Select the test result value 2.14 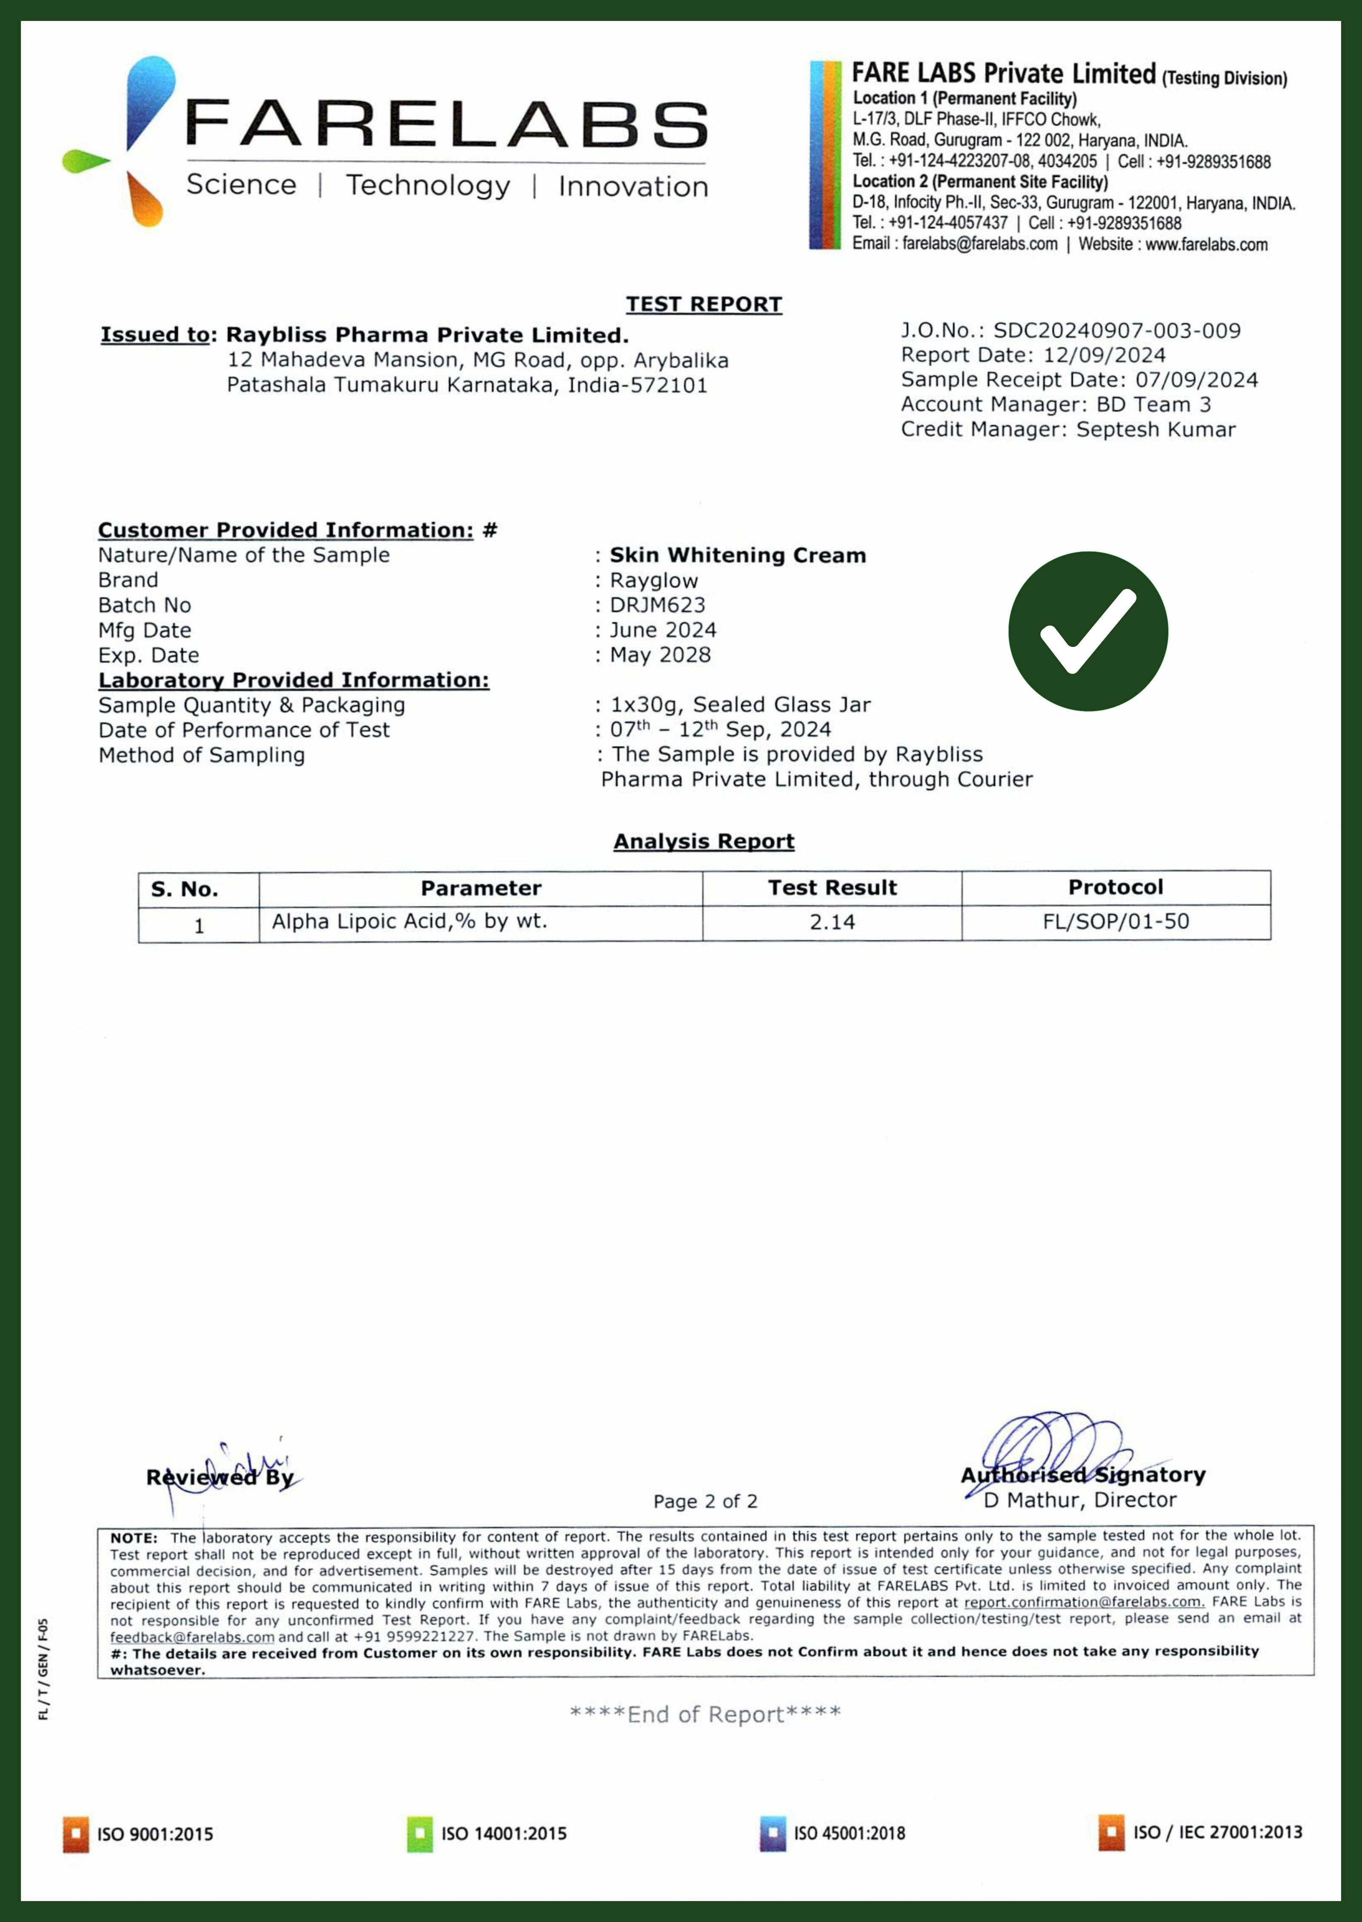832,922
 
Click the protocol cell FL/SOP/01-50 1116,922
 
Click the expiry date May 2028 660,655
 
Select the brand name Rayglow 653,580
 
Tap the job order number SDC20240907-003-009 1116,330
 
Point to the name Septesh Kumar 1156,430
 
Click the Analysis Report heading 704,842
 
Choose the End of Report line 704,1714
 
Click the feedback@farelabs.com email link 192,1637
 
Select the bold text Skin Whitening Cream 737,555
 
